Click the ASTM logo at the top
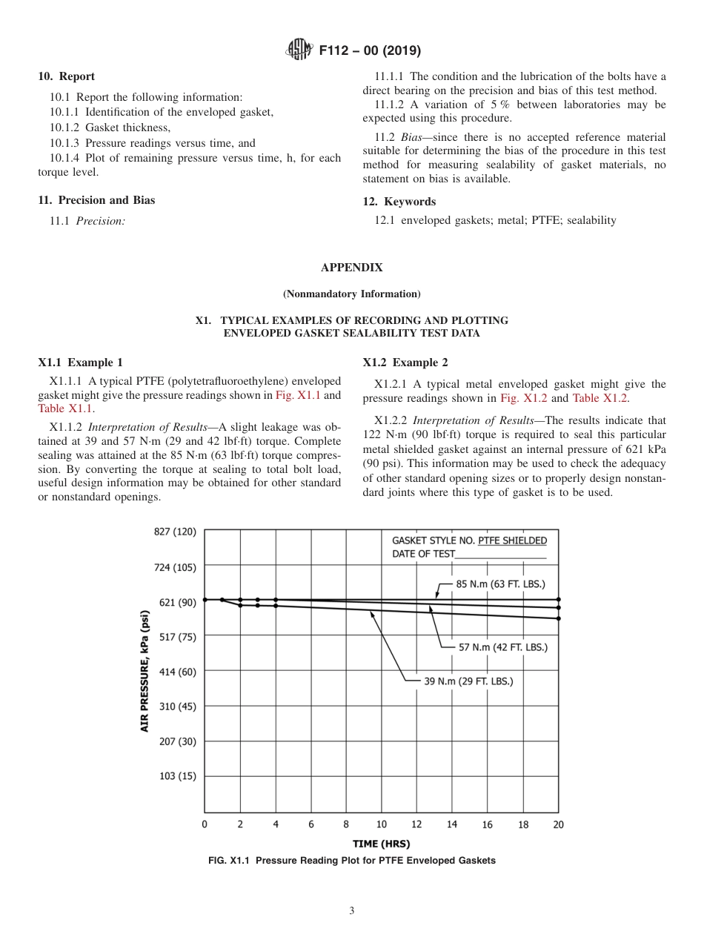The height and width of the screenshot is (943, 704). tap(299, 50)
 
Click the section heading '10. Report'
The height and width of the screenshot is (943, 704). tap(66, 76)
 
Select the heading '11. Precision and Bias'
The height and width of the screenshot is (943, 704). tap(96, 200)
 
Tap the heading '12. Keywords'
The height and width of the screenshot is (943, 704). tap(399, 202)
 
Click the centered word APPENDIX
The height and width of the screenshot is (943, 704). tap(352, 268)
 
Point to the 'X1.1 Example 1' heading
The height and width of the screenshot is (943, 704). tap(81, 363)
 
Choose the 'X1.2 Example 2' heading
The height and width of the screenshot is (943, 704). tap(405, 363)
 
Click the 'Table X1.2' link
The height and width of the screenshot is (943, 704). tap(600, 398)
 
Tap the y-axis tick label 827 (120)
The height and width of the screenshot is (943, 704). tap(175, 532)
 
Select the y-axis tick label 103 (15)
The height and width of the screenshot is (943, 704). tap(177, 775)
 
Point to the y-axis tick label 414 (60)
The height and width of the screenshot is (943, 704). tap(177, 671)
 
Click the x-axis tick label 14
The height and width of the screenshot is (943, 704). tap(451, 824)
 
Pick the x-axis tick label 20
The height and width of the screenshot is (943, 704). tap(558, 824)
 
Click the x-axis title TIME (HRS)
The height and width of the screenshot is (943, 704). tap(381, 844)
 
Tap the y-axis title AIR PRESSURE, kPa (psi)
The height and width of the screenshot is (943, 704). tap(145, 671)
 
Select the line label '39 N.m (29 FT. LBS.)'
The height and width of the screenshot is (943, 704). tap(468, 681)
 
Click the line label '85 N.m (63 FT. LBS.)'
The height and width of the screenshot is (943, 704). tap(500, 583)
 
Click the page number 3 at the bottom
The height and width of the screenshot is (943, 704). tap(352, 911)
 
